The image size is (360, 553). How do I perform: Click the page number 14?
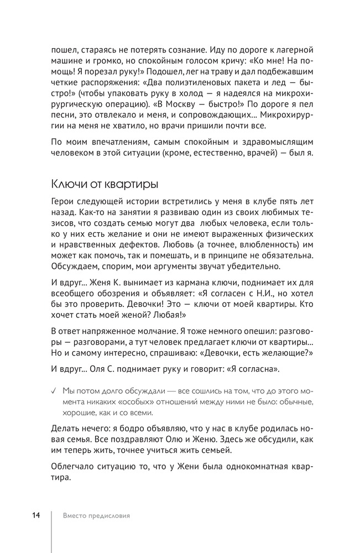coord(36,515)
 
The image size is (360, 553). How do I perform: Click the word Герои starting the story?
coord(63,202)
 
